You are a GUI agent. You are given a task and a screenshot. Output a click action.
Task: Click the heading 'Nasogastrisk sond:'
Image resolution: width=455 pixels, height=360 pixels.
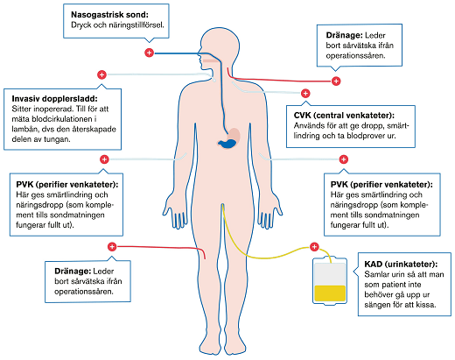pos(109,15)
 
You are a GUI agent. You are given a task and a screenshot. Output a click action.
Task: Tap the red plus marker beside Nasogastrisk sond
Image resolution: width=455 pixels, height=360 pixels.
pos(149,53)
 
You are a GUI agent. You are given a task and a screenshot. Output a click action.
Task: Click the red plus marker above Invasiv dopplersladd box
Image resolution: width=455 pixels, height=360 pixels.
pos(101,76)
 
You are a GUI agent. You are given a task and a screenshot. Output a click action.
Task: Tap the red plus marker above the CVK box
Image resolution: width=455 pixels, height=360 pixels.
pos(305,93)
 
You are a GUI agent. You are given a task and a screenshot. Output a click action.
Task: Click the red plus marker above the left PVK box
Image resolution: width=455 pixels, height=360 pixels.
pos(104,159)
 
